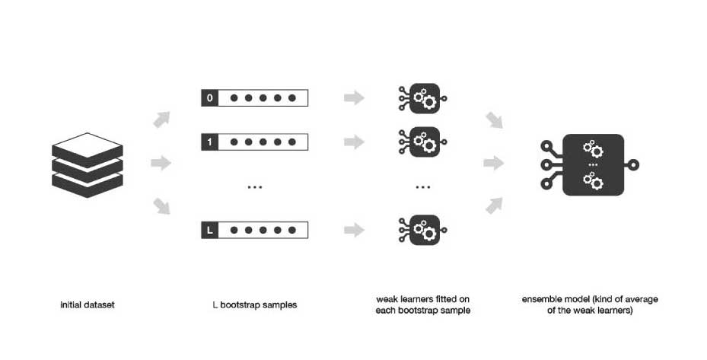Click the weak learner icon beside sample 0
423,98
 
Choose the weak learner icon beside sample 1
423,142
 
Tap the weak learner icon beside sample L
423,229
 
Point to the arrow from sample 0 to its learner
354,98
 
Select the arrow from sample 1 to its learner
354,142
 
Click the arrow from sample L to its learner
354,229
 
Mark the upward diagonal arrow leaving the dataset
161,119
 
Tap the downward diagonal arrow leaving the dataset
161,205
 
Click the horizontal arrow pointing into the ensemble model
494,163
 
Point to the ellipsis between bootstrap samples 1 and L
254,187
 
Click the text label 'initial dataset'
88,305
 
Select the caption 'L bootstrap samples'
254,305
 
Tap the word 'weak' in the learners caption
388,299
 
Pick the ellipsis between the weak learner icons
423,187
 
